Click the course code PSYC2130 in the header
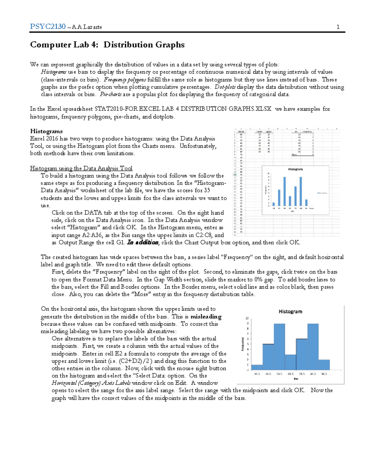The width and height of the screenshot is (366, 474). (48, 27)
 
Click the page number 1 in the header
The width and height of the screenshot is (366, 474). (338, 27)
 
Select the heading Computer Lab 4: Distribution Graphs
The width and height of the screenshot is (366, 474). (107, 45)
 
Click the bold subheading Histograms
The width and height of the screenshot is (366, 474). (46, 131)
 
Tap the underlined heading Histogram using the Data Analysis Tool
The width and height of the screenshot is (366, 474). (81, 168)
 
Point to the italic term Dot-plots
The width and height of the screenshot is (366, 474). (225, 87)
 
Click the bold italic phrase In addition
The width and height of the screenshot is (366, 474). (143, 242)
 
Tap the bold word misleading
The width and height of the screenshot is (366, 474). (206, 317)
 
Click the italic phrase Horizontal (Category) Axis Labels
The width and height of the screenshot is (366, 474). (91, 383)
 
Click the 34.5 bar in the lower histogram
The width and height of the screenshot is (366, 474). (257, 367)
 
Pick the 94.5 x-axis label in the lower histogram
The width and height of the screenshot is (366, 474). (324, 374)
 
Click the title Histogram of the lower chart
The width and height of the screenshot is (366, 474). (290, 312)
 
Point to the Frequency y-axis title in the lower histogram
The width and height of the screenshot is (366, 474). (243, 344)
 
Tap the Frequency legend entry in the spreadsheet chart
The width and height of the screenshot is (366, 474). (322, 193)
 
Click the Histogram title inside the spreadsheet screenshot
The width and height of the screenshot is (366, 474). (295, 169)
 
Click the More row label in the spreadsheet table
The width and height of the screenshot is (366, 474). (294, 155)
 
